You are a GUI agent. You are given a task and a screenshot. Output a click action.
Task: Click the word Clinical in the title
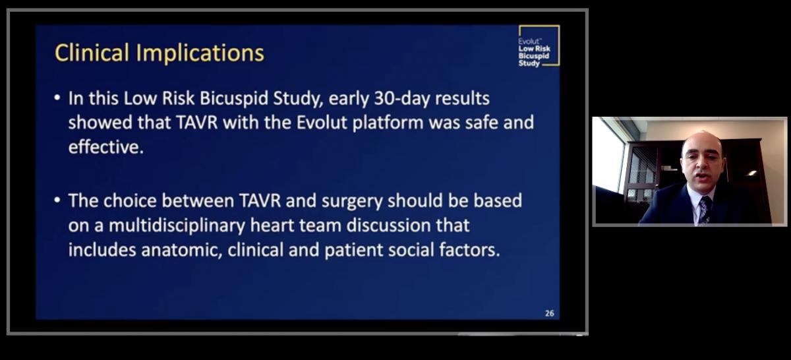(92, 53)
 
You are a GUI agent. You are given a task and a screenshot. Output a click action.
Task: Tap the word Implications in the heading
(200, 53)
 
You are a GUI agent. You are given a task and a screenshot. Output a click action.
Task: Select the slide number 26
(550, 313)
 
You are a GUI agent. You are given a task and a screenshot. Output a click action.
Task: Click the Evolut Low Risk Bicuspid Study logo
(539, 45)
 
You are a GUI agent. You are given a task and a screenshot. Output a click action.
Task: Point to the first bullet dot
(57, 98)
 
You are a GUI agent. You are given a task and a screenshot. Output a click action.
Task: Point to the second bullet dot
(57, 200)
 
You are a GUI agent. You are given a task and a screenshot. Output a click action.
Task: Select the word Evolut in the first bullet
(322, 123)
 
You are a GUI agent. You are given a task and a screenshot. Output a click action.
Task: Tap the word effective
(106, 147)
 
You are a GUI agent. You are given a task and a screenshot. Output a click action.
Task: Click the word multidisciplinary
(177, 225)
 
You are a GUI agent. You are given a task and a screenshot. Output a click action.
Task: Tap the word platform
(388, 123)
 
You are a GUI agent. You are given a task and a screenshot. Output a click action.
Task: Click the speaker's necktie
(705, 210)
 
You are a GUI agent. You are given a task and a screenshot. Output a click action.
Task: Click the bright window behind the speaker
(608, 155)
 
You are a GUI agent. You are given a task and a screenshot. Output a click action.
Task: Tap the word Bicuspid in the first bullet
(234, 98)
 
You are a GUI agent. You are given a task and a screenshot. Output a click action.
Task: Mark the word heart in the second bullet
(272, 225)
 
